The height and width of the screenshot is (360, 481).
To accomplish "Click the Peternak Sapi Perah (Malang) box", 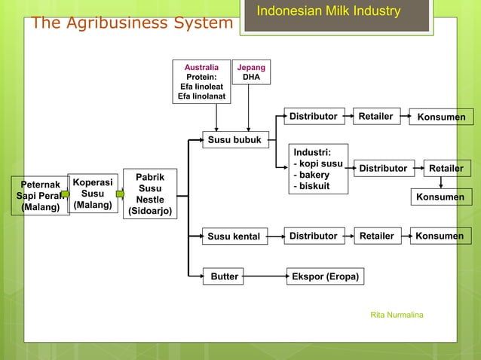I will tap(40, 196).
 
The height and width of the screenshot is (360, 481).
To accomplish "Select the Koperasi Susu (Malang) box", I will tap(93, 194).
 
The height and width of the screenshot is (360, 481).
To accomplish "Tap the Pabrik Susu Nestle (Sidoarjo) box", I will tap(150, 194).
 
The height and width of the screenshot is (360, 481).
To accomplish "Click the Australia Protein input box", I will tap(201, 82).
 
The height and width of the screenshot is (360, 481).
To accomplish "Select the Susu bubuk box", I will tap(234, 139).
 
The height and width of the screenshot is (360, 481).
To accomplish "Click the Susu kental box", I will tap(234, 236).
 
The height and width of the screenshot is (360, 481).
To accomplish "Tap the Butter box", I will tap(225, 276).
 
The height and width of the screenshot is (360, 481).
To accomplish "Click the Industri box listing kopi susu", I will tap(319, 169).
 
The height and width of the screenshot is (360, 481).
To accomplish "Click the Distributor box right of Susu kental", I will tap(314, 236).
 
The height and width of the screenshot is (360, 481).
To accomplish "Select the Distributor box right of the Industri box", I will tap(382, 168).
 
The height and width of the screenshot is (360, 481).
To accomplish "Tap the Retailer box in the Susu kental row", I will tap(377, 236).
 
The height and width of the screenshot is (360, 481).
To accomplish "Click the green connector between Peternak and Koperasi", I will tap(65, 194).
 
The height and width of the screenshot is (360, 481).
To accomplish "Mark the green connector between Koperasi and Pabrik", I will tap(119, 194).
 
